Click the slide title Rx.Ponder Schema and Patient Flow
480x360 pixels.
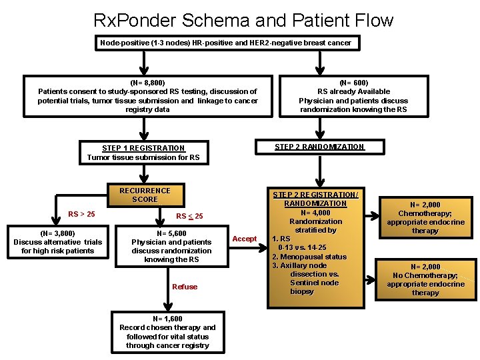pyautogui.click(x=243, y=20)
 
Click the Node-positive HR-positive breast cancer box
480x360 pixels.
pyautogui.click(x=225, y=43)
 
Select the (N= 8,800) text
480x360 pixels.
pyautogui.click(x=147, y=83)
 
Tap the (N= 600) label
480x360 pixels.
pyautogui.click(x=353, y=83)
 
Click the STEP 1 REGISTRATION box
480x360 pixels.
pyautogui.click(x=144, y=153)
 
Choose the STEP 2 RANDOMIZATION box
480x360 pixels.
pyautogui.click(x=319, y=147)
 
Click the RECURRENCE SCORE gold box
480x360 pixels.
pyautogui.click(x=145, y=195)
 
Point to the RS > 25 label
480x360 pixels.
pyautogui.click(x=81, y=214)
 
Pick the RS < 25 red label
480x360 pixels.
pyautogui.click(x=189, y=216)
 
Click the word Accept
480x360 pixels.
pyautogui.click(x=244, y=239)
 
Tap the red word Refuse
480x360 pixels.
pyautogui.click(x=185, y=287)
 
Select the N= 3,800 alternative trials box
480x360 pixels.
pyautogui.click(x=58, y=242)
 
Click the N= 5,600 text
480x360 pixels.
pyautogui.click(x=171, y=233)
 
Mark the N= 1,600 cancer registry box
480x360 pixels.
pyautogui.click(x=167, y=332)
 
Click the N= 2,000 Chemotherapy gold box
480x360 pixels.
pyautogui.click(x=425, y=217)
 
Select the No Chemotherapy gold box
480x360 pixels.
pyautogui.click(x=425, y=279)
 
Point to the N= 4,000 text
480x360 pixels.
pyautogui.click(x=315, y=213)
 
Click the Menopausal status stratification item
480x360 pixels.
pyautogui.click(x=309, y=256)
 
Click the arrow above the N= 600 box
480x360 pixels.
pyautogui.click(x=319, y=63)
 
